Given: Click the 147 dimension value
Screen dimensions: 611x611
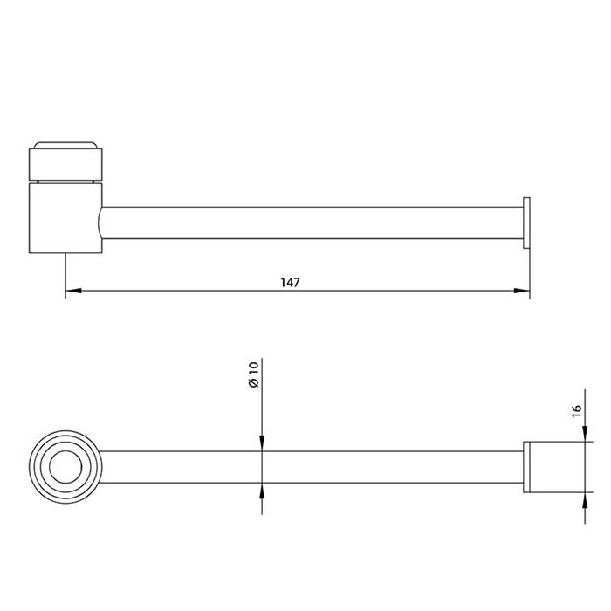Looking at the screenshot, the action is [x=291, y=282].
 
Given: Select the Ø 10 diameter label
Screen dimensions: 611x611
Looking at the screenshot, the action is [x=253, y=374].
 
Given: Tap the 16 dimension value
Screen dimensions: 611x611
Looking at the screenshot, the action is [x=576, y=411].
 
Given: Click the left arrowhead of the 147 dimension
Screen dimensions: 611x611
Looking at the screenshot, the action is [x=73, y=291].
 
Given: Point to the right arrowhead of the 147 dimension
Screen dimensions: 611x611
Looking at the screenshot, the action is [x=522, y=291].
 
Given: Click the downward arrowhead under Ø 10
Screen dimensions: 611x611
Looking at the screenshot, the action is [x=262, y=443].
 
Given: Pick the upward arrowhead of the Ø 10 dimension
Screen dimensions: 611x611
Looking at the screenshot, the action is [x=262, y=491].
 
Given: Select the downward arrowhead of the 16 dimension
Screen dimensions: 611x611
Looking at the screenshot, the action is [x=585, y=434].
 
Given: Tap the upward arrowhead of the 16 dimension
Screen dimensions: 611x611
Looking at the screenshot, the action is [x=585, y=500].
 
